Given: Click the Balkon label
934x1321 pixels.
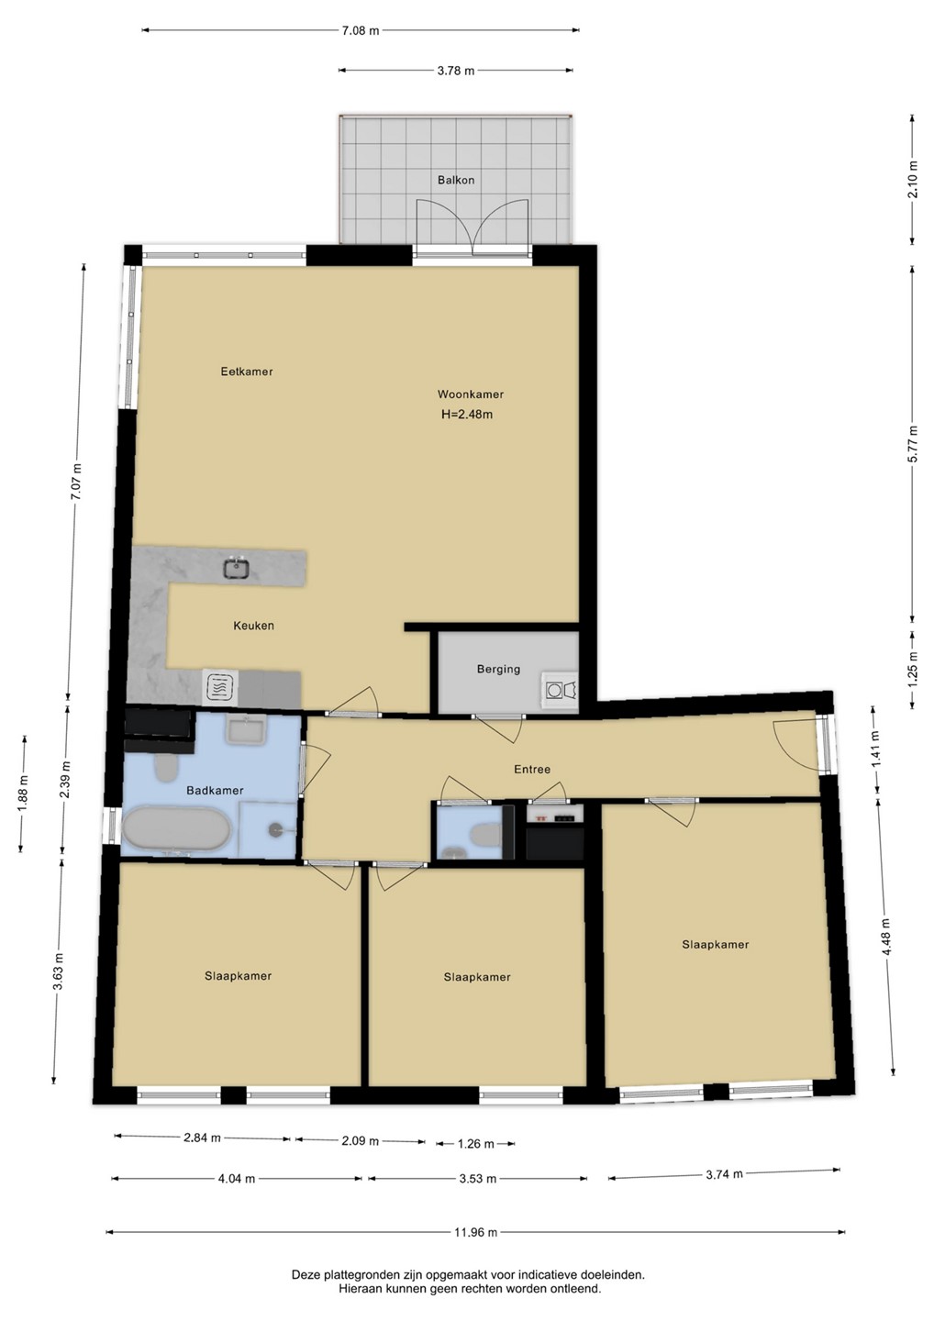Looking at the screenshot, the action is (456, 180).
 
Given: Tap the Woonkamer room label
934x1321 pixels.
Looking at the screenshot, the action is (471, 394).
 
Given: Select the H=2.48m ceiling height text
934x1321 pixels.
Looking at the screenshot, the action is (467, 414).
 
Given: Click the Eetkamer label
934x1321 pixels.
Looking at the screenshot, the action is (247, 372).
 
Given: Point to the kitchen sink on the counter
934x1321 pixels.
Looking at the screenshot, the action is (237, 568).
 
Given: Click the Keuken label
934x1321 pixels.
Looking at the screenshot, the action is (253, 626).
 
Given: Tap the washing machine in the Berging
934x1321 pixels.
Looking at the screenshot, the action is (560, 690).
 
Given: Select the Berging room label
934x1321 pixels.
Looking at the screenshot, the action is (498, 670).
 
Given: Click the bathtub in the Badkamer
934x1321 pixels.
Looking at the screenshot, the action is (178, 828).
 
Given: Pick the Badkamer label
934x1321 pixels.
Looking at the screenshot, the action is (215, 790).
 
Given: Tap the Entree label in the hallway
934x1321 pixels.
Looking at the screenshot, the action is (532, 769).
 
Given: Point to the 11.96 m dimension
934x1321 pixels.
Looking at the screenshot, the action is (476, 1232).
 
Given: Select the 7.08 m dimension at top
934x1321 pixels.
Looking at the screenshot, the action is (361, 30).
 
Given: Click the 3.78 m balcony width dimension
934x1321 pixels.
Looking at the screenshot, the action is (455, 71).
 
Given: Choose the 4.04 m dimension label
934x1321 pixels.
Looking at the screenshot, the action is (237, 1179).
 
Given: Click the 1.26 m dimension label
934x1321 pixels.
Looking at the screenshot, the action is (475, 1144).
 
